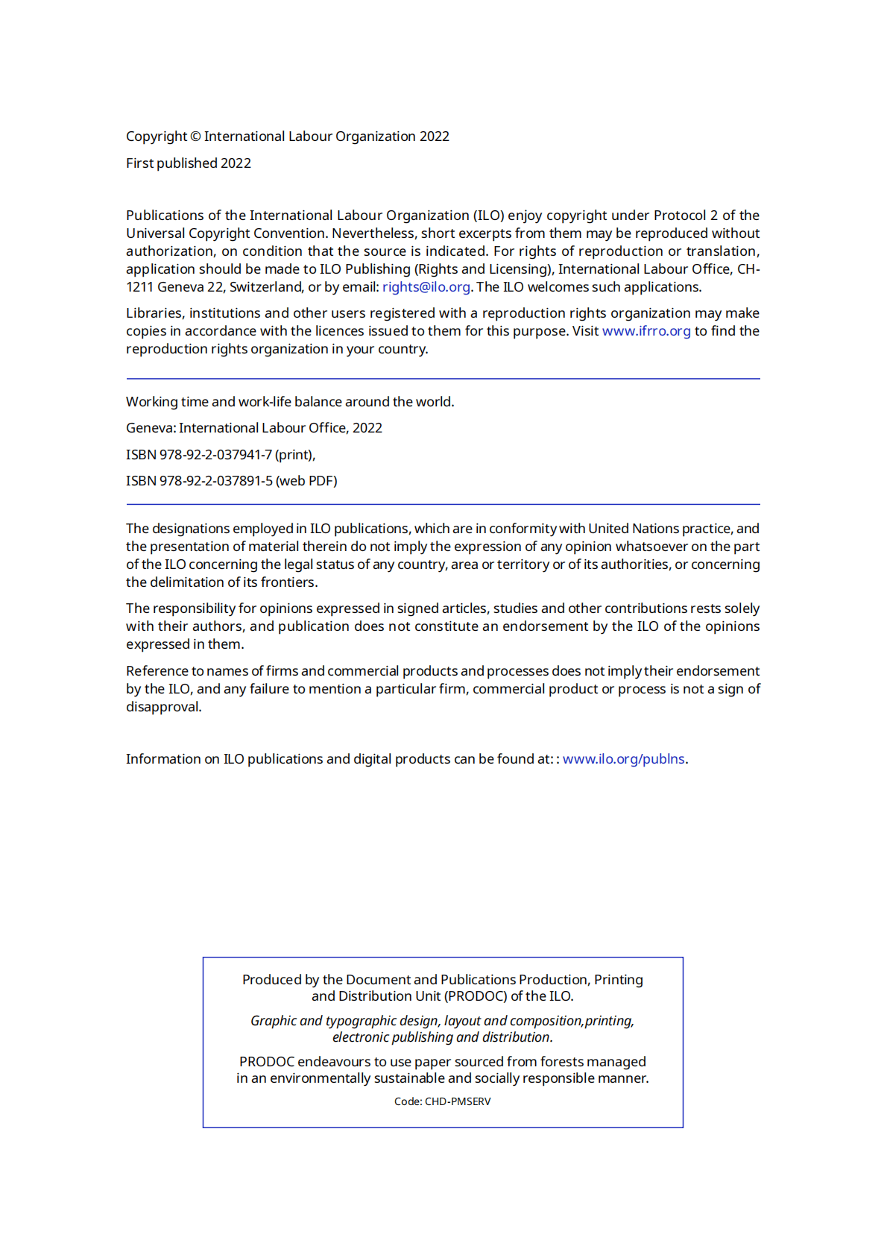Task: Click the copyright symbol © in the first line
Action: tap(195, 136)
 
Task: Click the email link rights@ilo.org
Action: tap(426, 287)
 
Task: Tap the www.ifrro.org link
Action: tap(646, 331)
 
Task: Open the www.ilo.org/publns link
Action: tap(623, 759)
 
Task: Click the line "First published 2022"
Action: tap(189, 163)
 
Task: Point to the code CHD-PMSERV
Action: tap(457, 1101)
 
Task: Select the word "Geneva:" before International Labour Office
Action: tap(151, 428)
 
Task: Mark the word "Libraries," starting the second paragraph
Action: tap(155, 313)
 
